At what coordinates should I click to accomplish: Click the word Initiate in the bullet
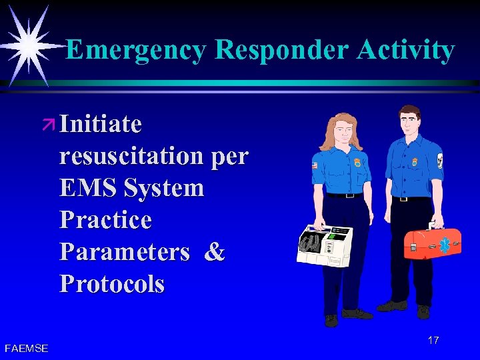[100, 124]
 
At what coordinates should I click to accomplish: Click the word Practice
[105, 220]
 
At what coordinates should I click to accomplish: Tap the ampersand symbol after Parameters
[215, 252]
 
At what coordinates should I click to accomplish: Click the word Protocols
[111, 284]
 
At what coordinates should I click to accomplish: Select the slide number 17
[433, 341]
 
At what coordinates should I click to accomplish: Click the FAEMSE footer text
[26, 347]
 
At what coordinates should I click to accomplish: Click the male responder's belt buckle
[404, 199]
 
